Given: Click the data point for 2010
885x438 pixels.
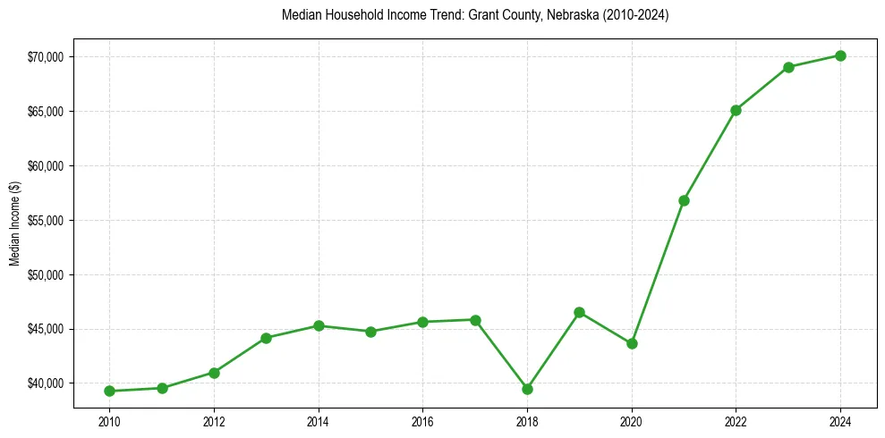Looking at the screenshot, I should [109, 391].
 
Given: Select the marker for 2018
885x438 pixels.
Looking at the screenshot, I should [527, 389].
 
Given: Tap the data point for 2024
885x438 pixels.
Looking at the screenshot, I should [840, 55].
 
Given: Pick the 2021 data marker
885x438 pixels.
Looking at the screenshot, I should [684, 200].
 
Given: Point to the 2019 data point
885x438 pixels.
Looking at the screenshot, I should [579, 312].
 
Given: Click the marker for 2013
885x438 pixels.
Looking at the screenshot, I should [266, 338].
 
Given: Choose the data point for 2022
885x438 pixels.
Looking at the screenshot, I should [736, 110].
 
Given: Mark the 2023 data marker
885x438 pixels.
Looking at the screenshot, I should [788, 67].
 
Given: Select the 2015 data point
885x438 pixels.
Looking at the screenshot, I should [370, 332].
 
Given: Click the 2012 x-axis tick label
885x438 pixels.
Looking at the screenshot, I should [214, 420].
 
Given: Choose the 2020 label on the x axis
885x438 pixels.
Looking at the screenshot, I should [632, 420].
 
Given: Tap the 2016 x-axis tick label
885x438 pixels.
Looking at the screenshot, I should [422, 420].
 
